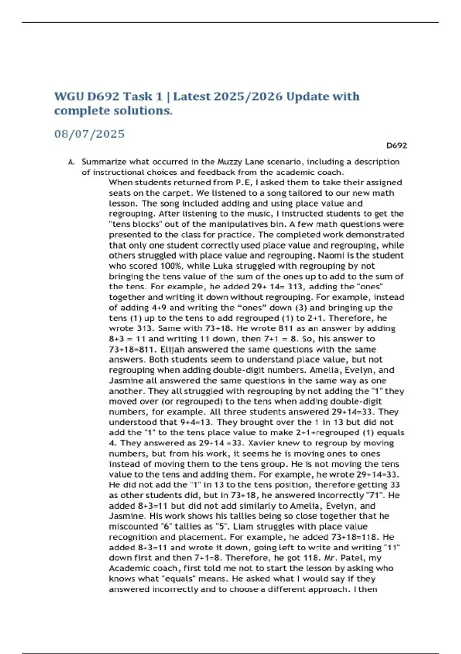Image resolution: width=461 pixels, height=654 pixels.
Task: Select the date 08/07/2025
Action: pyautogui.click(x=90, y=134)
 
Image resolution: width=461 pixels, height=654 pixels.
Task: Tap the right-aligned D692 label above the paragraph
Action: pyautogui.click(x=396, y=146)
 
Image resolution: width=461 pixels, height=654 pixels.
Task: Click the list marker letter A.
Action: pyautogui.click(x=71, y=162)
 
